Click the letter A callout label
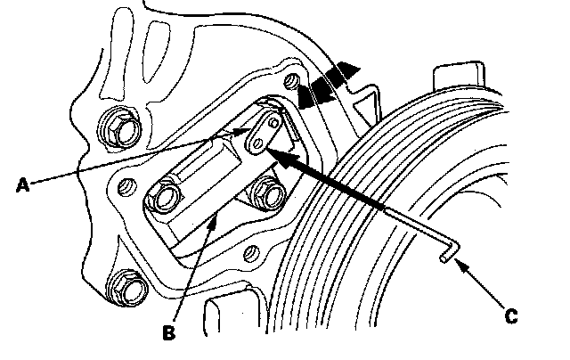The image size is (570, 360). click(x=24, y=185)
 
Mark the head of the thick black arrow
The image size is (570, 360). click(x=272, y=154)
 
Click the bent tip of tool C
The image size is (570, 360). click(x=446, y=258)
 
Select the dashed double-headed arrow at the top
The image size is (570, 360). click(x=330, y=86)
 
